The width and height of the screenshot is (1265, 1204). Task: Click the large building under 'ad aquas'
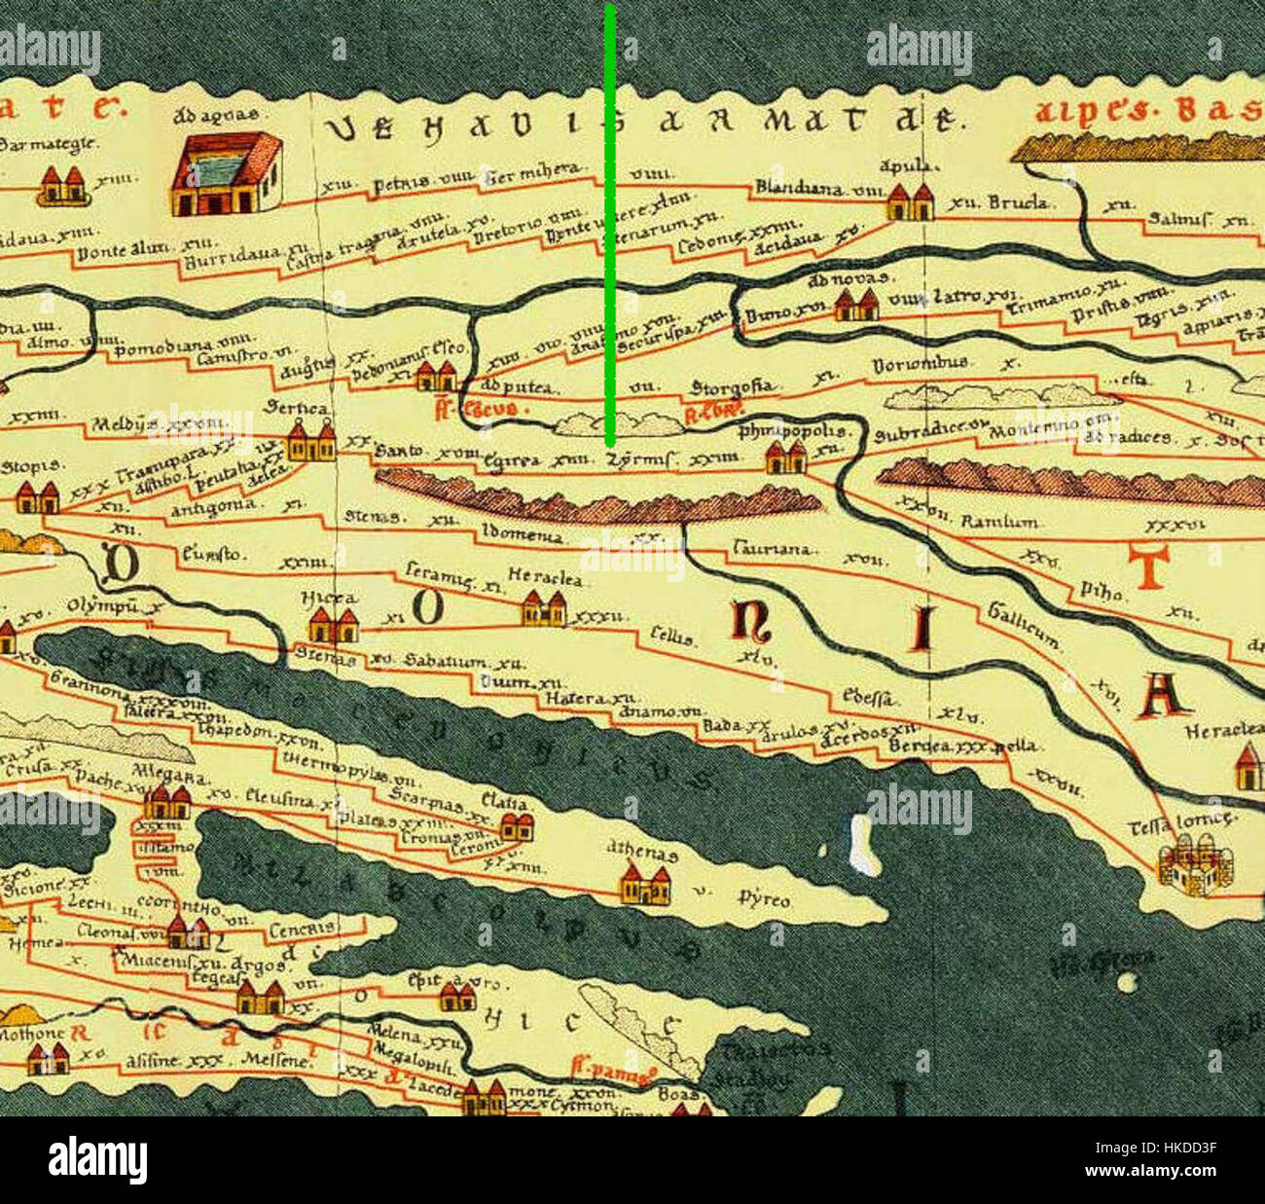(227, 175)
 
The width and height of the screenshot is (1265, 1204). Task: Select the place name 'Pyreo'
(764, 898)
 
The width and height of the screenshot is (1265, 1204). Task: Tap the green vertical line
(609, 224)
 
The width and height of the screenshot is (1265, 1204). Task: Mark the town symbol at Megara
(167, 803)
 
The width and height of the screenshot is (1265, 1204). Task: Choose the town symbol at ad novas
(856, 307)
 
